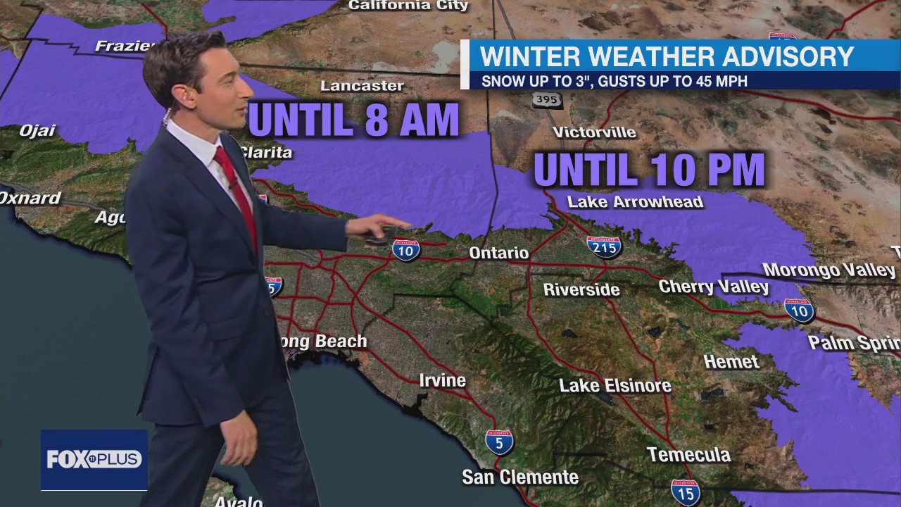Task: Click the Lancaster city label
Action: coord(362,86)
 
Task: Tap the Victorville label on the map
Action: coord(594,132)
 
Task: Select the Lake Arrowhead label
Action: coord(635,202)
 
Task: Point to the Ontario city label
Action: coord(499,253)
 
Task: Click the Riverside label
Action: coord(581,289)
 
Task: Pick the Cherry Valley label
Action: coord(714,287)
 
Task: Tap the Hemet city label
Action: coord(731,362)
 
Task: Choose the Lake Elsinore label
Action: coord(615,386)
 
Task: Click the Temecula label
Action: coord(688,455)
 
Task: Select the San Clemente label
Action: coord(520,477)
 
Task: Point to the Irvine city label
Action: coord(443,381)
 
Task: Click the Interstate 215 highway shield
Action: coord(604,246)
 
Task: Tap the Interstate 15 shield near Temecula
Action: coord(685,492)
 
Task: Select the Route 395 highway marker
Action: coord(546,100)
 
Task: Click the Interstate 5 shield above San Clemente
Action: coord(499,442)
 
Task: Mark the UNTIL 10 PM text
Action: coord(649,170)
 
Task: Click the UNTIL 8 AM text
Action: coord(354,120)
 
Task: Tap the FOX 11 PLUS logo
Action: coord(94,460)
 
